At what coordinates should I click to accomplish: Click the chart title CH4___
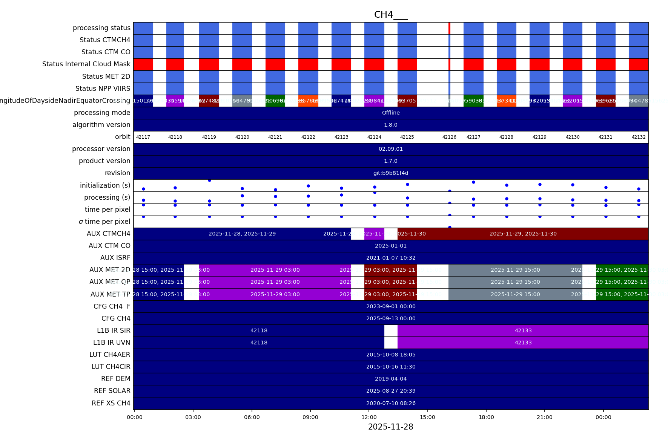pos(390,15)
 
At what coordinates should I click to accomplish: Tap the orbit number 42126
pos(449,137)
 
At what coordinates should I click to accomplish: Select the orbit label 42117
pos(143,137)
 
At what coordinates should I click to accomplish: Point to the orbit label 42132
pos(639,137)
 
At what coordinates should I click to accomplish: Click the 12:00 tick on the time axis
pos(369,417)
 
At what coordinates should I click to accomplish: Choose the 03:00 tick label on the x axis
pos(193,417)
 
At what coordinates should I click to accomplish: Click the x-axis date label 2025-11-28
pos(390,427)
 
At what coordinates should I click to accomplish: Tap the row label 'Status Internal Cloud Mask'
pos(86,64)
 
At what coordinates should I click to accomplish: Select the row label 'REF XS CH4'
pos(111,403)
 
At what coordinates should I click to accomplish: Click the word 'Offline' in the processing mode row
pos(391,113)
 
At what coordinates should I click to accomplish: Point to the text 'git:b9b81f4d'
pos(391,173)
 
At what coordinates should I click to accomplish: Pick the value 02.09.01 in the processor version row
pos(391,149)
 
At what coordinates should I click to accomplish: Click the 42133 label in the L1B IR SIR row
pos(523,330)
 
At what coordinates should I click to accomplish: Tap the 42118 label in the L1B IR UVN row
pos(259,343)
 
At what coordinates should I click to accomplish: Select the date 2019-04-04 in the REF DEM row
pos(391,379)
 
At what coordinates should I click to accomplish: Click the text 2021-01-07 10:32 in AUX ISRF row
pos(391,258)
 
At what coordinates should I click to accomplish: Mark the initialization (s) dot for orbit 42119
pos(209,180)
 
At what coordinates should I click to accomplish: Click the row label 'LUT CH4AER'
pos(110,355)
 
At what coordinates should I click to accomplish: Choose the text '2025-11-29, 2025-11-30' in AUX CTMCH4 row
pos(523,234)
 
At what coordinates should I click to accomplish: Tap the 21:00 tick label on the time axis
pos(545,417)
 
